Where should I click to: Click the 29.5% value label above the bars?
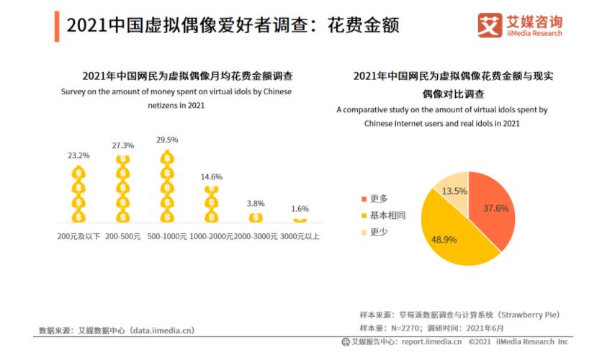[x=167, y=139]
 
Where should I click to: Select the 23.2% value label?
[x=79, y=155]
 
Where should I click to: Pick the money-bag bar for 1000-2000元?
[x=212, y=204]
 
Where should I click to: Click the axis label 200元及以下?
[x=79, y=236]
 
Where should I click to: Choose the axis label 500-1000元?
[x=167, y=236]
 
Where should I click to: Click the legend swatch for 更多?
[x=363, y=199]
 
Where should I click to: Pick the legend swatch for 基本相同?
[x=363, y=215]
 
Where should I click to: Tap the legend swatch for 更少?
[x=363, y=232]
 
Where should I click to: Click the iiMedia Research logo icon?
[x=490, y=24]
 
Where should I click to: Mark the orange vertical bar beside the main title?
[x=57, y=25]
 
